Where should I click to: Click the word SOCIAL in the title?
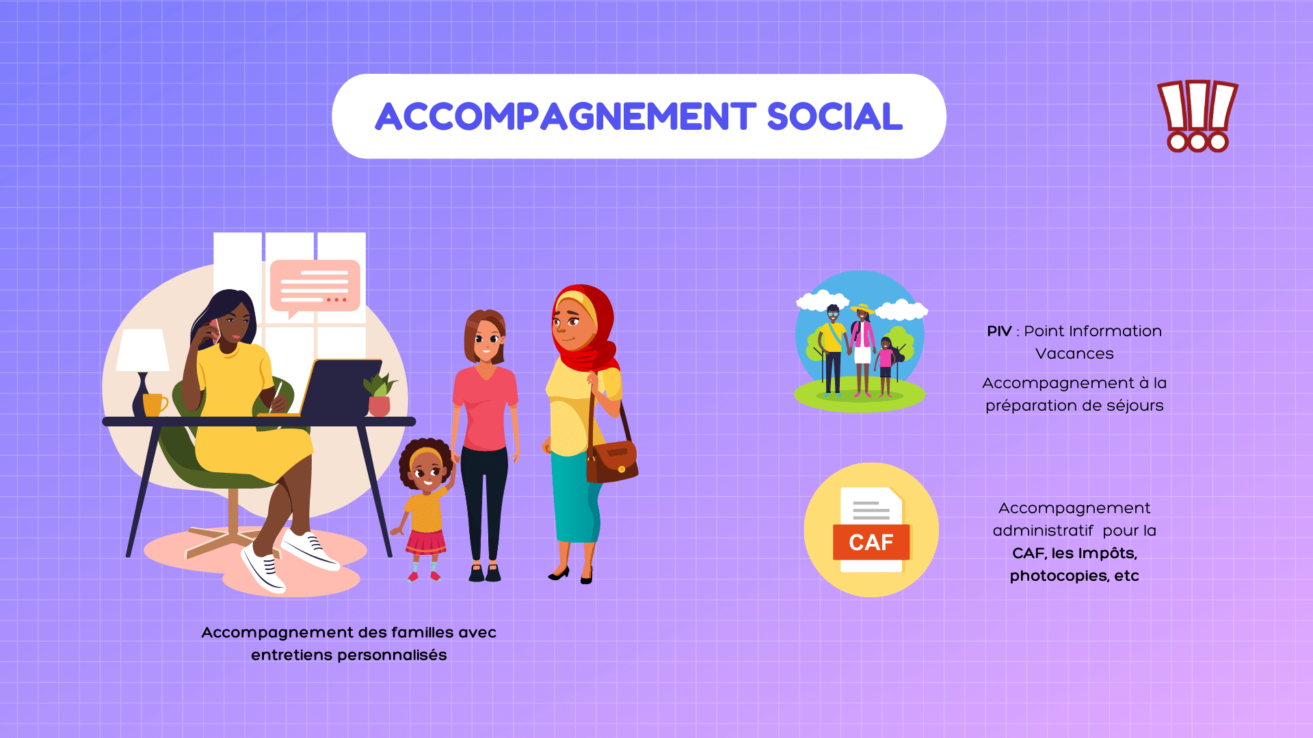pos(834,116)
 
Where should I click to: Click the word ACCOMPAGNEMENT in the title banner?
pos(566,116)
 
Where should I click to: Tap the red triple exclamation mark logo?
pos(1197,116)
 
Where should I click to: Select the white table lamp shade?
pos(143,350)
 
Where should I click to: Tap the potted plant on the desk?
pos(380,394)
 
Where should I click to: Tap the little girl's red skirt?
pos(425,542)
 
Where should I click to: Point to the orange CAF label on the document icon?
pos(871,542)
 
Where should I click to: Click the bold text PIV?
pos(999,331)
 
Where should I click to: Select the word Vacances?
pos(1074,354)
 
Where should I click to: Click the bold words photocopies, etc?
pos(1074,576)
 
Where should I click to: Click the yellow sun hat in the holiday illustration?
pos(862,308)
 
